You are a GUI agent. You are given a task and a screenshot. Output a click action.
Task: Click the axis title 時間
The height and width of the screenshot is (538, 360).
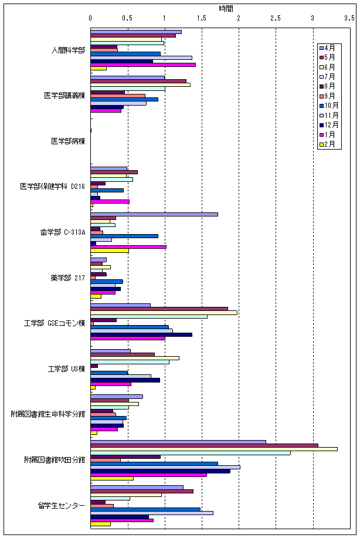point(226,8)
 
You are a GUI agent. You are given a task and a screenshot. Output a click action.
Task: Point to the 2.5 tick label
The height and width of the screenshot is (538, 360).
point(276,18)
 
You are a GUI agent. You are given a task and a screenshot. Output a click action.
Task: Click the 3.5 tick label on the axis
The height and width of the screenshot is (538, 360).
point(349,18)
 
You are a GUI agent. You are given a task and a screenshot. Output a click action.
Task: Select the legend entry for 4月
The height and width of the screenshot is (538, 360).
point(328,48)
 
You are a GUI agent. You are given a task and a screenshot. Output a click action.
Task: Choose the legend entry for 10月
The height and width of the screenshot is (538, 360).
point(330,106)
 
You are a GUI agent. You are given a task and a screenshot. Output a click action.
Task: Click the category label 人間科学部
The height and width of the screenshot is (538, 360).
point(68,50)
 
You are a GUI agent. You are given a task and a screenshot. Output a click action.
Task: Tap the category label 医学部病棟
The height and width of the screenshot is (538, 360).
point(68,141)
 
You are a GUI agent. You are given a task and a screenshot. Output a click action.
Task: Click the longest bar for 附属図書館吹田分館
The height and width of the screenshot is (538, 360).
point(214,449)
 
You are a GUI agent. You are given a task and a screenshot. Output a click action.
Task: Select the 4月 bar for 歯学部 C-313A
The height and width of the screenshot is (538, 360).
point(154,214)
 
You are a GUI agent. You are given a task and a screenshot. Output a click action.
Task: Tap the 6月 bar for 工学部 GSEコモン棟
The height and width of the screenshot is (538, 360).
point(164,313)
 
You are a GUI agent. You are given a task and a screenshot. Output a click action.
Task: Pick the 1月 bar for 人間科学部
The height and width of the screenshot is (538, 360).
point(143,65)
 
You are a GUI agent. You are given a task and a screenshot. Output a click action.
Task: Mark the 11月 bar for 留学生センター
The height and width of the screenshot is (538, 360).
point(152,513)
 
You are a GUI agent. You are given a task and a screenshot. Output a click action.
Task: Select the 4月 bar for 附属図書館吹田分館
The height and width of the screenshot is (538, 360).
point(178,442)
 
